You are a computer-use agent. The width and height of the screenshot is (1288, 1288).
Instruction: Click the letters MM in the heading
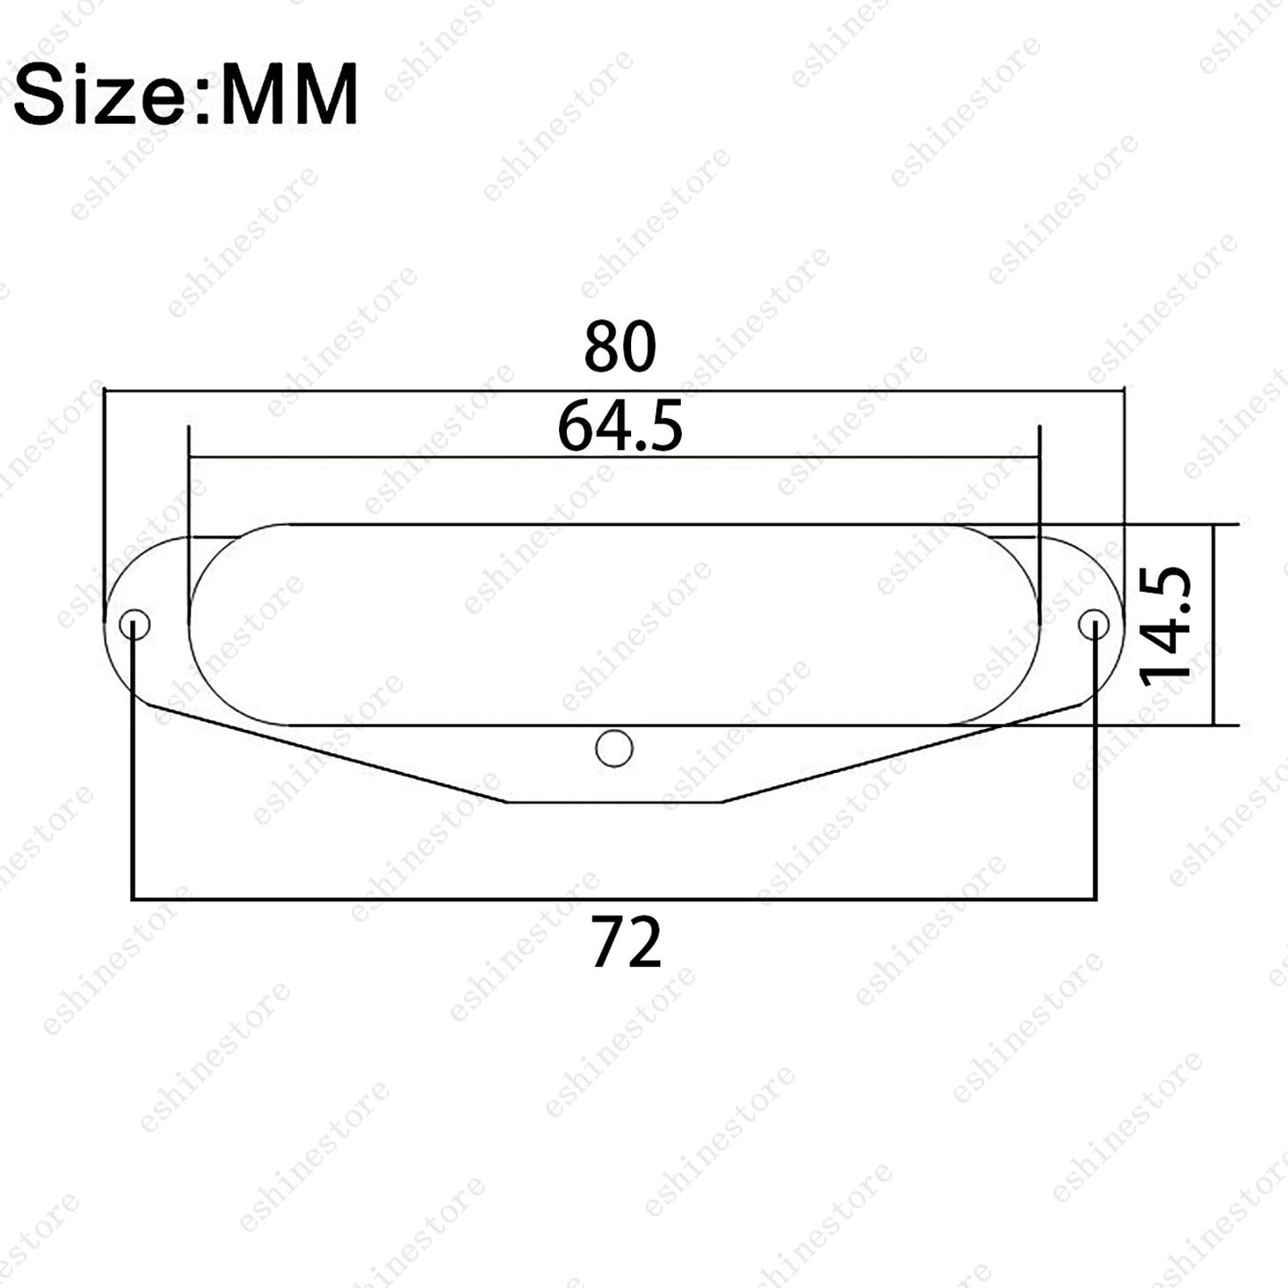pos(290,94)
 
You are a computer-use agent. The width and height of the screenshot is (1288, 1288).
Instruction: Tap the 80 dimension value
pos(619,347)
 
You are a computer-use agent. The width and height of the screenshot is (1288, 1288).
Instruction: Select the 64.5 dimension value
pos(619,426)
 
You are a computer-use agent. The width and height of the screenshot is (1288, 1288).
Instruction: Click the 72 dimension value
pos(627,942)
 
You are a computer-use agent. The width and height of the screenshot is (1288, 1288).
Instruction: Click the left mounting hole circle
pos(135,625)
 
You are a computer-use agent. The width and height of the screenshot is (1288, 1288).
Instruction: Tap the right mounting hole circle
pos(1095,625)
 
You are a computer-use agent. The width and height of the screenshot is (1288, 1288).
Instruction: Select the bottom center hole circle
pos(613,749)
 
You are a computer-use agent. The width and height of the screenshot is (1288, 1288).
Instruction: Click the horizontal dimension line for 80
pos(614,391)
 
